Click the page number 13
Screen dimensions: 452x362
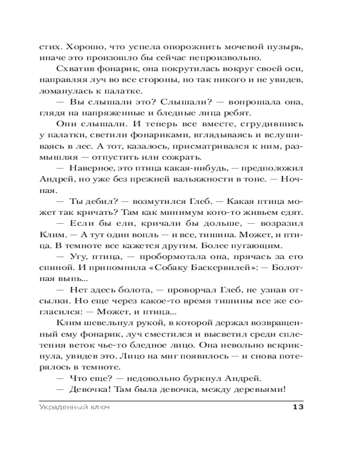[297, 407]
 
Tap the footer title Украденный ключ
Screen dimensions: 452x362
[75, 407]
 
